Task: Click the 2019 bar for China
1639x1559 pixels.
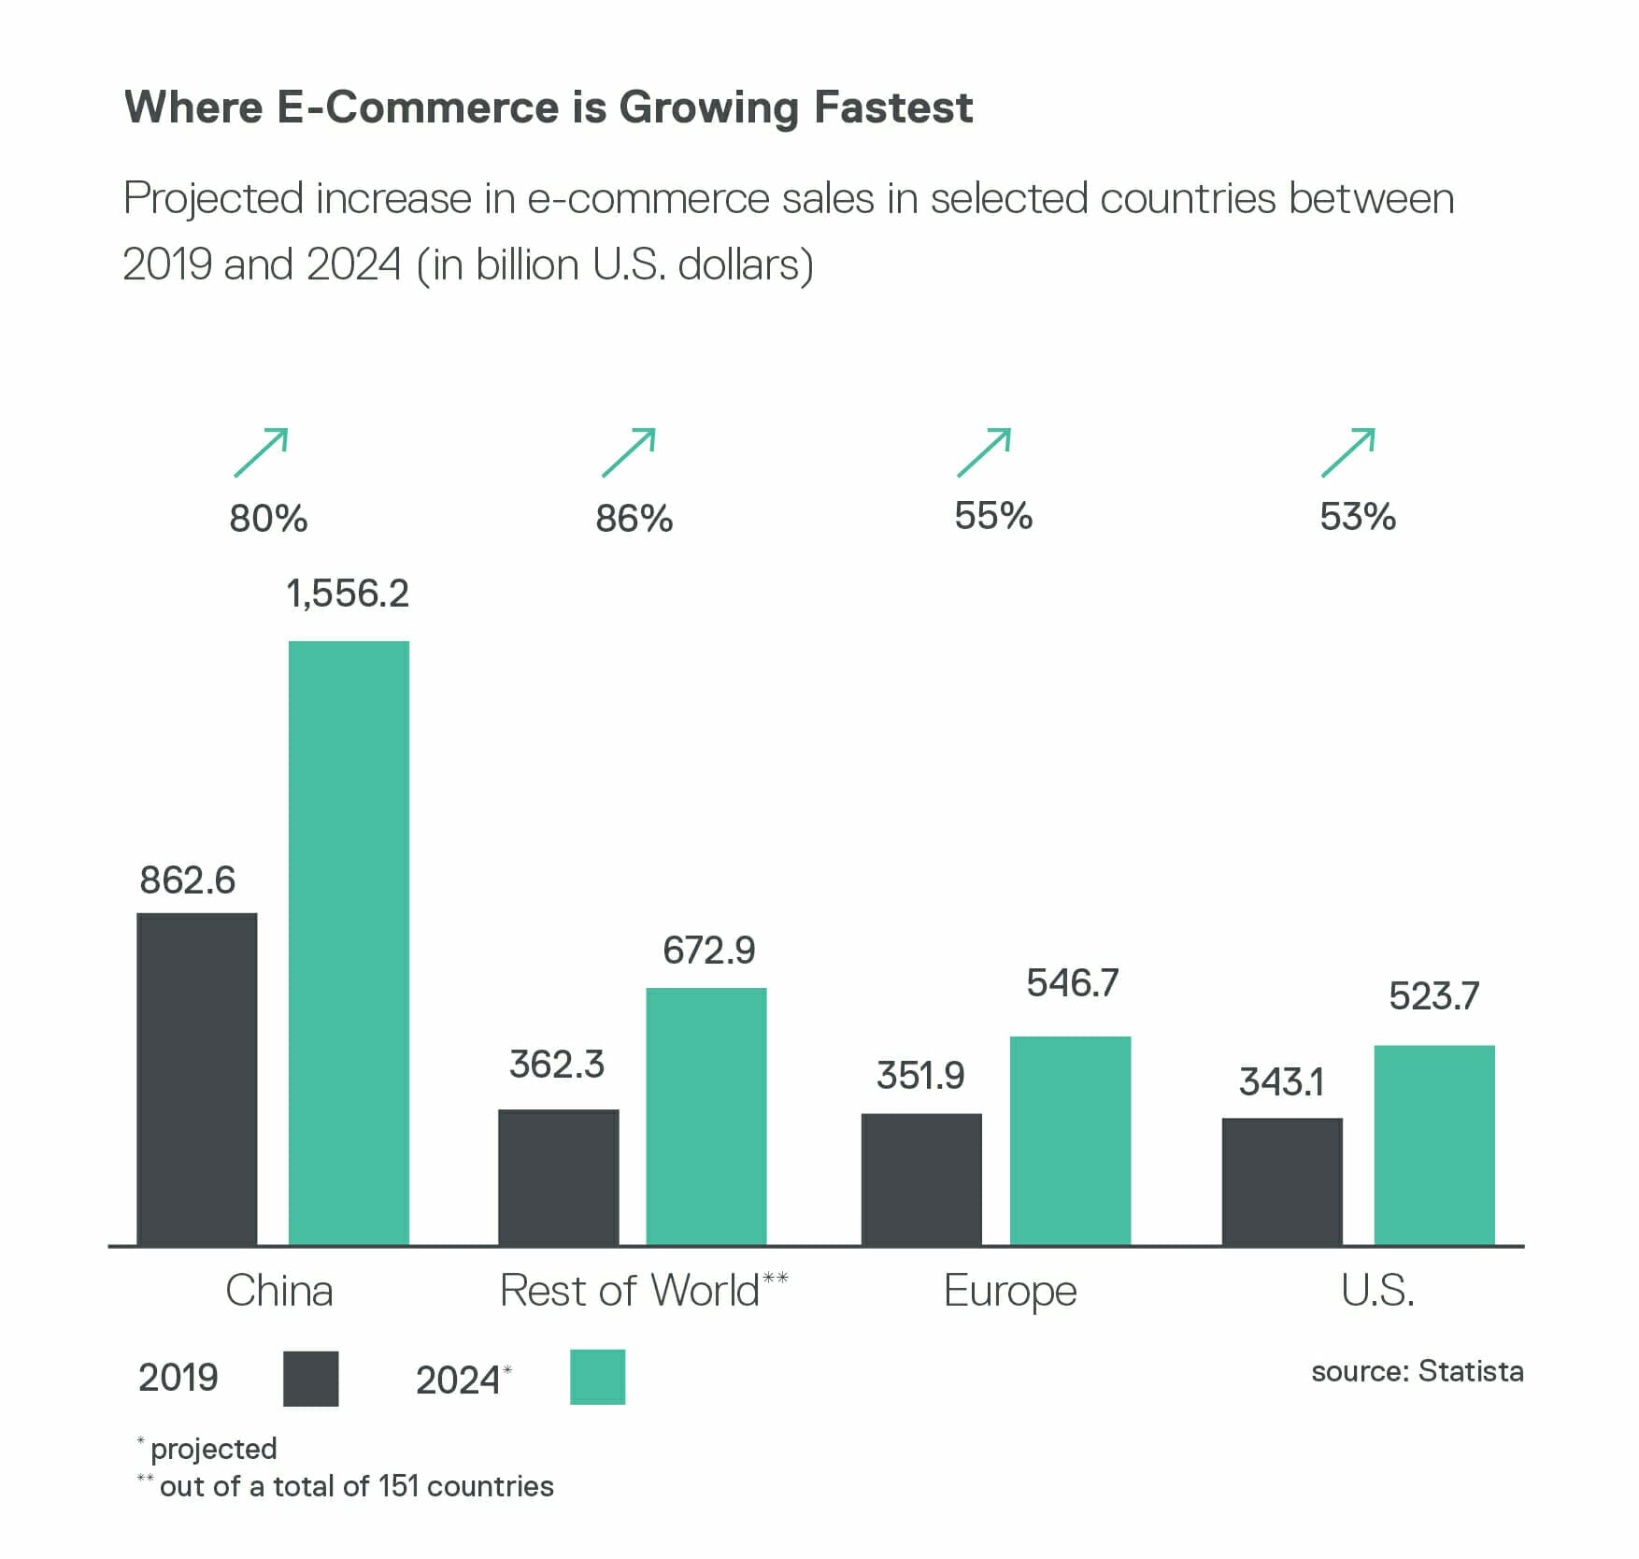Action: [x=197, y=1079]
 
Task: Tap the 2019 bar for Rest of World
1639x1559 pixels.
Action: [x=558, y=1177]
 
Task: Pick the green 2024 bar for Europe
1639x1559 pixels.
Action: [x=1070, y=1140]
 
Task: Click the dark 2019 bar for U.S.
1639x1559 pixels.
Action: [x=1282, y=1181]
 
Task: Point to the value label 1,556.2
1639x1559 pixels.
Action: [x=348, y=594]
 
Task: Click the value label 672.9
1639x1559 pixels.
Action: [x=709, y=951]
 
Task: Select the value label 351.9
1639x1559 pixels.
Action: [x=920, y=1076]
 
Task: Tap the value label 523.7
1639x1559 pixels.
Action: [x=1434, y=996]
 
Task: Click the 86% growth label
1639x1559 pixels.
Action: [x=634, y=519]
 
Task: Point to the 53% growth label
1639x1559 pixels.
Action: [x=1358, y=517]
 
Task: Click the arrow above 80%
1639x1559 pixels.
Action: [x=262, y=452]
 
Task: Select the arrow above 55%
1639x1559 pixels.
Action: [x=984, y=452]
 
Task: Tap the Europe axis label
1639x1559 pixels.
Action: [x=1010, y=1292]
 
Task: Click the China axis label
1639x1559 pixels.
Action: [x=279, y=1291]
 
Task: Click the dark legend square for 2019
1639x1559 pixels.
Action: [x=310, y=1379]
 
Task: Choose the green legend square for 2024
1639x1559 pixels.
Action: [x=598, y=1378]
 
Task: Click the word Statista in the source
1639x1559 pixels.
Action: [x=1471, y=1371]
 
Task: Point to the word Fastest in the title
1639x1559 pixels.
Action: [x=893, y=107]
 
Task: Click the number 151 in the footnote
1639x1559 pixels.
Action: [x=398, y=1486]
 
